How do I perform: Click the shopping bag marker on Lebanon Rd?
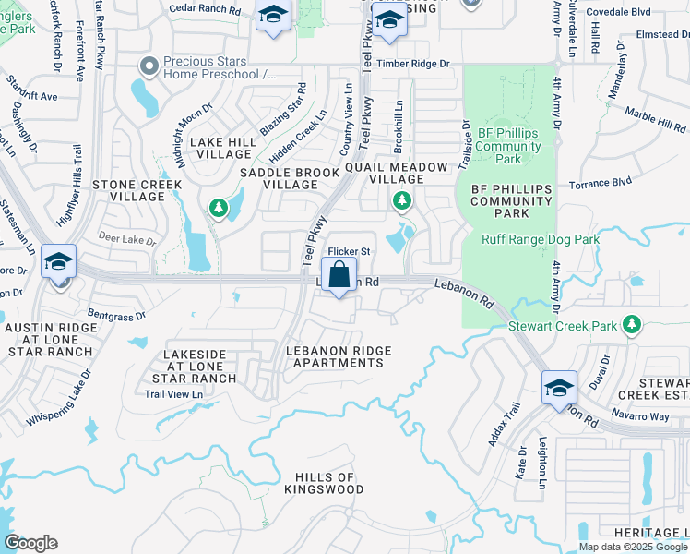(339, 275)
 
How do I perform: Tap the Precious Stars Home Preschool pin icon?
(149, 66)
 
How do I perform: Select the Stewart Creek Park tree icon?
(632, 324)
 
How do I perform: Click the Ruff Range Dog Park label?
(541, 240)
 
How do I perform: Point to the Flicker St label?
(350, 251)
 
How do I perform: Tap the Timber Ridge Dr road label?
(419, 64)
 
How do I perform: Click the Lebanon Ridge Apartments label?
(339, 356)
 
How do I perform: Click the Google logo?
(30, 543)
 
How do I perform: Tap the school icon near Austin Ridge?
(58, 264)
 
